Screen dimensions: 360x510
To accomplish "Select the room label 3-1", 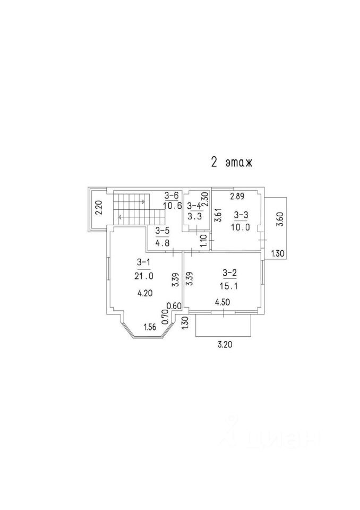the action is (x=143, y=262).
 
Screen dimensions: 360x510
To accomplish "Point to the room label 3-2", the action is (x=229, y=273).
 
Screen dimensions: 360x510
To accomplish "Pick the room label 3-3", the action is (x=241, y=215).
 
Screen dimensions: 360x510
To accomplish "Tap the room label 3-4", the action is (x=194, y=206).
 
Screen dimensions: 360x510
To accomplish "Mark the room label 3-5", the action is (x=162, y=231).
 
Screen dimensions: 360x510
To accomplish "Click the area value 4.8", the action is (x=162, y=243).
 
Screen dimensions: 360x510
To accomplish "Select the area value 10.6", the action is (x=172, y=207).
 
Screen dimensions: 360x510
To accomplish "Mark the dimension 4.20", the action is (x=144, y=292).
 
